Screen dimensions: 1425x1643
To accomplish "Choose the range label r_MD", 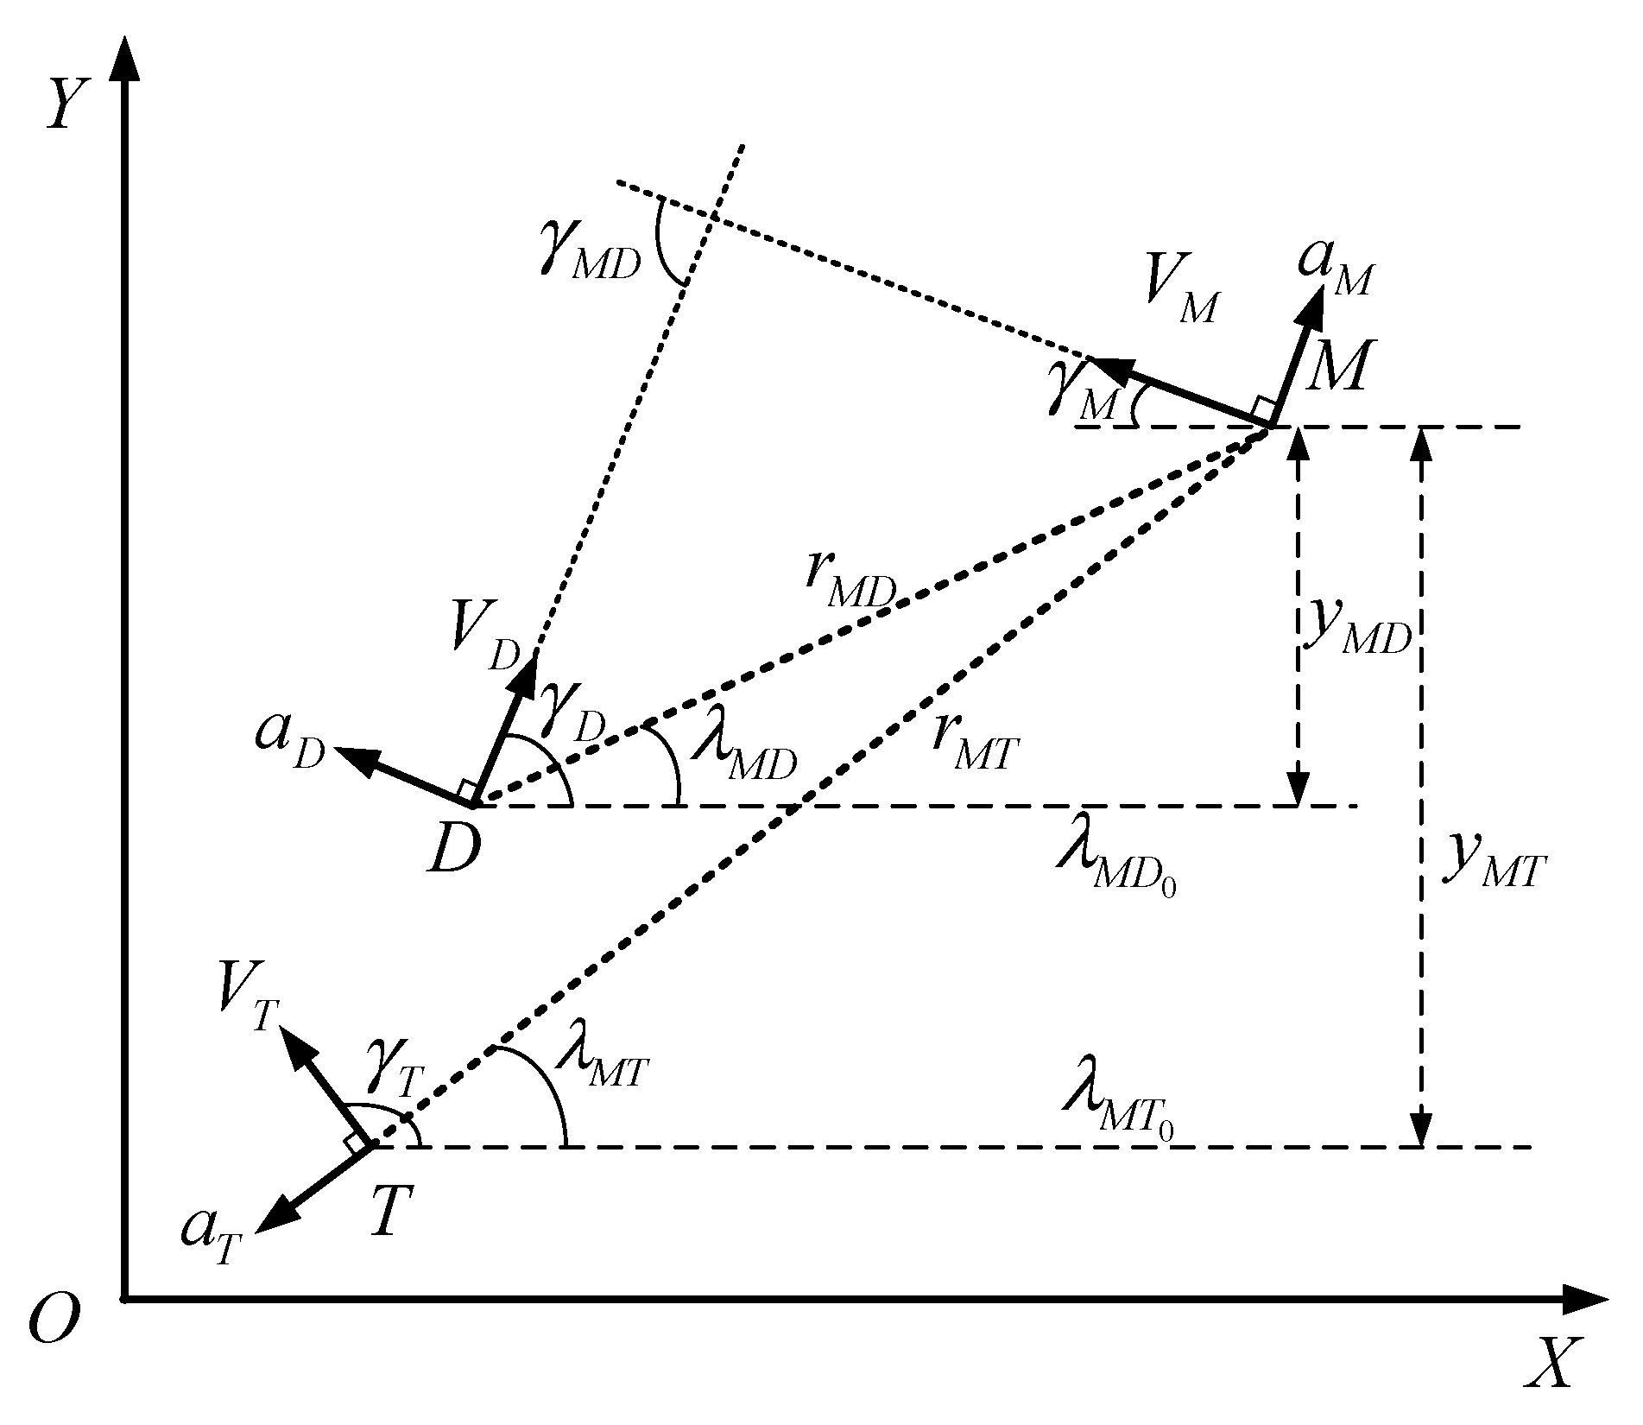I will (x=850, y=586).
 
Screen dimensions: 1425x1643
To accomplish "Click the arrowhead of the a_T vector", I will (x=275, y=1219).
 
